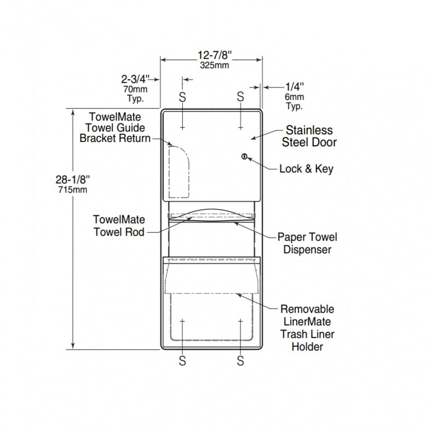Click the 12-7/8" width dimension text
215,55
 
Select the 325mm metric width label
215,65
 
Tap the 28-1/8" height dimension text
73,180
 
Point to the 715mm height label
73,190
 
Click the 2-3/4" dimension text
136,79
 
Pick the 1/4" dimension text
294,87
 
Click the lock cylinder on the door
244,157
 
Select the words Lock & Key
306,169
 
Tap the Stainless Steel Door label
309,136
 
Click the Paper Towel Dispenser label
307,243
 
